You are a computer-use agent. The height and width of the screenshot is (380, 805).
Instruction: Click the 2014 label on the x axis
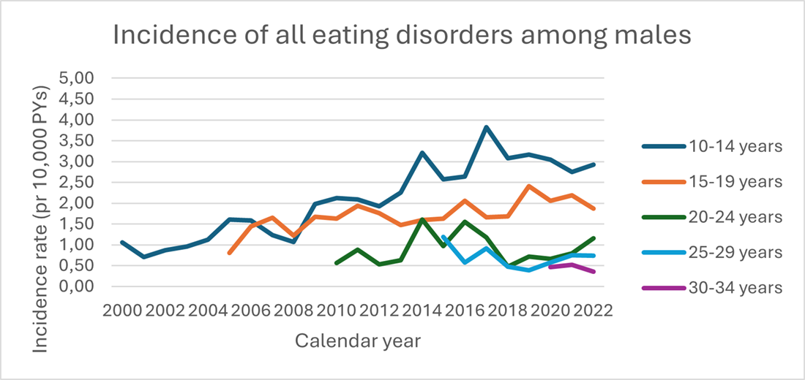tap(422, 310)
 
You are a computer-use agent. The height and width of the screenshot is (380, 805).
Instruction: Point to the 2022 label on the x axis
tap(594, 310)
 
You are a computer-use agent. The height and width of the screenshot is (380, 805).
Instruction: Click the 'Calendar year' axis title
tap(358, 341)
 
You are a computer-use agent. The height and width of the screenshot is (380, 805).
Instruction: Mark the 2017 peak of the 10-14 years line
tap(486, 127)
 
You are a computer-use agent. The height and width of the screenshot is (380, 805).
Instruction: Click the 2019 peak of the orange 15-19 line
tap(528, 186)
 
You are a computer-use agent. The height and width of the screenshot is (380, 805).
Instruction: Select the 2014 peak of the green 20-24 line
tap(422, 219)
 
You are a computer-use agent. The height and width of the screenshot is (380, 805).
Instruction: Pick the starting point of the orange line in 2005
tap(229, 253)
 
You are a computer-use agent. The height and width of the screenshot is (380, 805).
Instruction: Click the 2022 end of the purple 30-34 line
tap(594, 272)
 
